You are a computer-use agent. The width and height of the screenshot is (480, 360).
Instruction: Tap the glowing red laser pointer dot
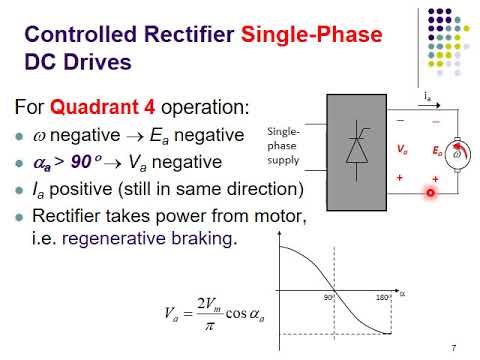coord(431,194)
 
